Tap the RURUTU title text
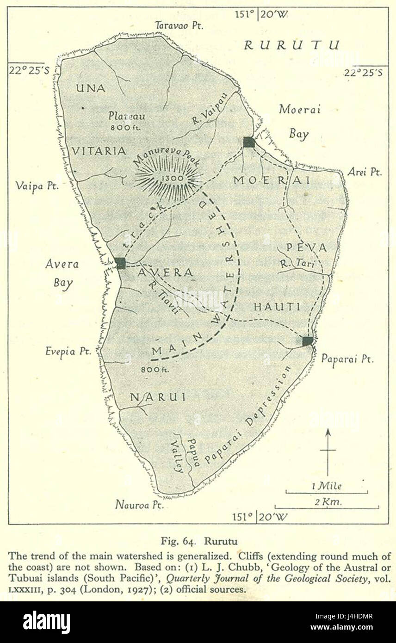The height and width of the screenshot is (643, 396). [x=291, y=45]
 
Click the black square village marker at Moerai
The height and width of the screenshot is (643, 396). [x=249, y=142]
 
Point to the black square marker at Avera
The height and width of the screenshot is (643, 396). [x=121, y=263]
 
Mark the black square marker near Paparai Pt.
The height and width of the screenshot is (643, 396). [x=308, y=341]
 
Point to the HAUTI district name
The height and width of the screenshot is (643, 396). [x=277, y=307]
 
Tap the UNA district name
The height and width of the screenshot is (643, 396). [x=91, y=88]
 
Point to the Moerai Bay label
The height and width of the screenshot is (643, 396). [x=300, y=122]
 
